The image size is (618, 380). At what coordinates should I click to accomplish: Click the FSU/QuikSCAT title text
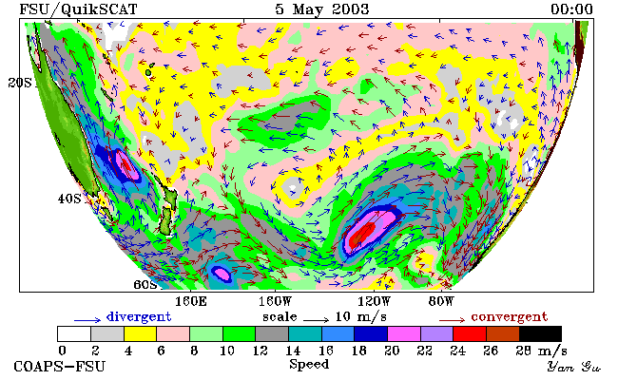coord(78,9)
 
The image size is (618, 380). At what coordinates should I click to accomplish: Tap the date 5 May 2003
coord(322,9)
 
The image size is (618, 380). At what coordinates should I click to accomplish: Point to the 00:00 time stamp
coord(571,9)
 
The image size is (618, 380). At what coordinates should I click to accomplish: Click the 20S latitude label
coord(20,83)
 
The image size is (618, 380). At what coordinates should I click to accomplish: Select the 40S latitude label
coord(69,199)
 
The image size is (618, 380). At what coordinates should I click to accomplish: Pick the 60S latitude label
coord(145,284)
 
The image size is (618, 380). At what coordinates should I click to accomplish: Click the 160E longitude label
coord(191,302)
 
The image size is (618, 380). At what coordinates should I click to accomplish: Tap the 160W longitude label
coord(275,302)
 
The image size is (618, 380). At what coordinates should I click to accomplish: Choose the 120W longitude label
coord(374,302)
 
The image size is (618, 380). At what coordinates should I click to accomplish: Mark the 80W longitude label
coord(441,302)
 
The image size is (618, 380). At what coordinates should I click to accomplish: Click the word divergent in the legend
coord(139,317)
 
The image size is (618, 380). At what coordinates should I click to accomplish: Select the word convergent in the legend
coord(510,317)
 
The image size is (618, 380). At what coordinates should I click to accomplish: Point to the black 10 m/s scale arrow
coord(316,320)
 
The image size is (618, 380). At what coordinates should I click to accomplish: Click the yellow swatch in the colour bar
coord(140,333)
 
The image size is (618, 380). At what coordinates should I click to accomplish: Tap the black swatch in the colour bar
coord(540,333)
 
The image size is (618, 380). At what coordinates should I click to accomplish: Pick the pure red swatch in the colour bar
coord(470,333)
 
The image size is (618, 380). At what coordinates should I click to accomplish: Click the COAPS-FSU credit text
coord(60,367)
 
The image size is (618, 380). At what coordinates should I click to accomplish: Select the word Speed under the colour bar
coord(309,365)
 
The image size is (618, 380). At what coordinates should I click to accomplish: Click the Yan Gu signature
coord(573,367)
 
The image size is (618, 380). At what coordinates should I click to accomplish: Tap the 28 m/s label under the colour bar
coord(541,351)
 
